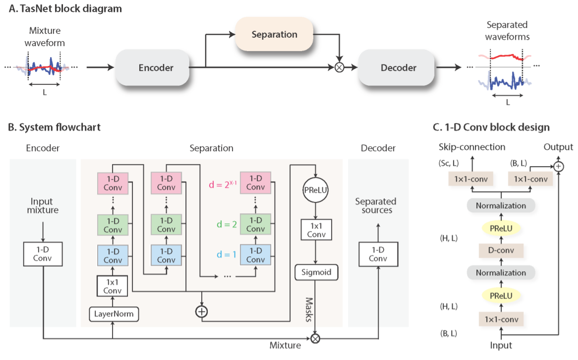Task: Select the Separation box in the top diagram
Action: pyautogui.click(x=274, y=34)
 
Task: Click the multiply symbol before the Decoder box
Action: pyautogui.click(x=339, y=67)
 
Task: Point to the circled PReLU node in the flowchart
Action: pyautogui.click(x=316, y=190)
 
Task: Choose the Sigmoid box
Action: pyautogui.click(x=316, y=272)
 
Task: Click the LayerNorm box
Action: pyautogui.click(x=114, y=314)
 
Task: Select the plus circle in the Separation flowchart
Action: pyautogui.click(x=202, y=312)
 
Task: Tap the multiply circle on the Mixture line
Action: pyautogui.click(x=315, y=338)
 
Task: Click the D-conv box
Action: pyautogui.click(x=501, y=250)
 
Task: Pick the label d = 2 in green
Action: pyautogui.click(x=227, y=224)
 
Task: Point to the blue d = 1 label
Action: pyautogui.click(x=227, y=254)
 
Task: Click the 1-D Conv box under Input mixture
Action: pyautogui.click(x=43, y=254)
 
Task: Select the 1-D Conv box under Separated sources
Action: pyautogui.click(x=378, y=254)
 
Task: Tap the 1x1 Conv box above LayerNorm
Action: pyautogui.click(x=113, y=286)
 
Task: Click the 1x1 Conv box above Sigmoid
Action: pyautogui.click(x=316, y=230)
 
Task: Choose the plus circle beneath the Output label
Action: pyautogui.click(x=559, y=167)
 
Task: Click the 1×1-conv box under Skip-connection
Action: pyautogui.click(x=471, y=180)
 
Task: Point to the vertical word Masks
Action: pyautogui.click(x=309, y=309)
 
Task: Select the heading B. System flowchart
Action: pyautogui.click(x=54, y=127)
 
